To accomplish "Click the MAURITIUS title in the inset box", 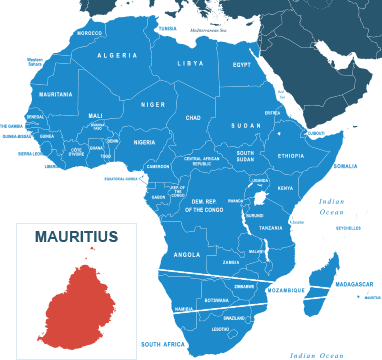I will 76,237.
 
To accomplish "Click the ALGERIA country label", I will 117,55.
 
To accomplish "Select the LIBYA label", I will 189,63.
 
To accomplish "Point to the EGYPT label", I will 242,64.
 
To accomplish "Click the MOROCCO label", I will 90,33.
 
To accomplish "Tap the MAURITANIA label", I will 55,94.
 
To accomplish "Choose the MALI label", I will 96,115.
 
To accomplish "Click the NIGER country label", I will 152,104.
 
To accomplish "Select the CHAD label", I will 193,117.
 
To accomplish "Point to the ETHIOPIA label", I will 291,156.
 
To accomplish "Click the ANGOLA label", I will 187,254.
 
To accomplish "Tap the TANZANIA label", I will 271,228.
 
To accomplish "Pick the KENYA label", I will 285,188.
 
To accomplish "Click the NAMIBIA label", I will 183,309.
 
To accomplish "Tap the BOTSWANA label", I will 216,300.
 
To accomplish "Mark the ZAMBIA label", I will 231,263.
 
